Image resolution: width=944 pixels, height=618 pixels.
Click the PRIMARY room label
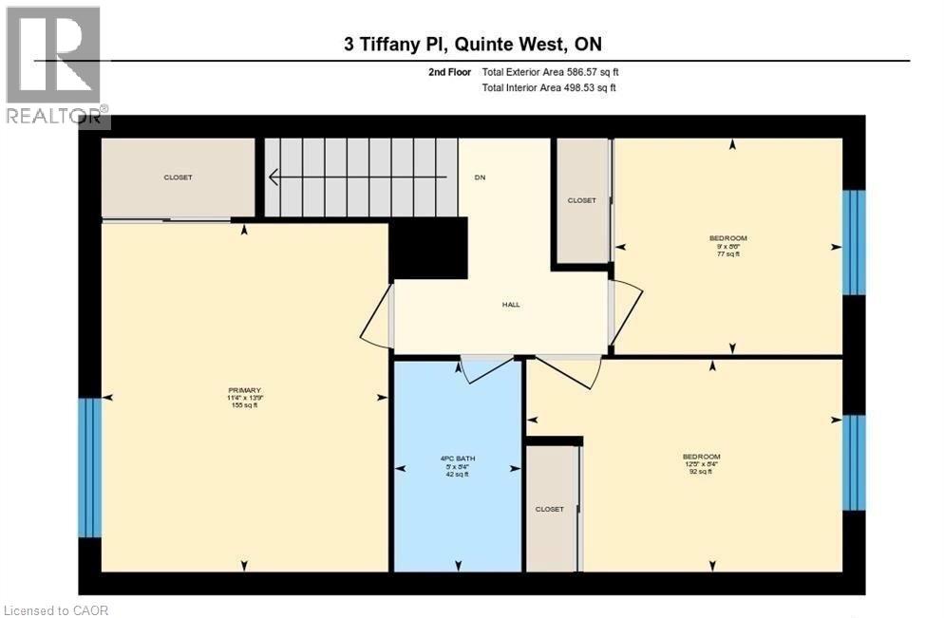pos(244,390)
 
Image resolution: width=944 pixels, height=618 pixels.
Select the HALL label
pos(511,305)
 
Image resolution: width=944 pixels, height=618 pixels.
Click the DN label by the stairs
pos(481,178)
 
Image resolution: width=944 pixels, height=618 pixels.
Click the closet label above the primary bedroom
pos(178,178)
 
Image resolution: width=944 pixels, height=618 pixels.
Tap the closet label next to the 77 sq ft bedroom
pos(581,200)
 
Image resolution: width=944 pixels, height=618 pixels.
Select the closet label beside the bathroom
pos(549,509)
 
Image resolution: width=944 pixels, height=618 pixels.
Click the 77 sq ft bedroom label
pos(728,237)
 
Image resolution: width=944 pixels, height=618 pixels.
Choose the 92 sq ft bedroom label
pos(701,457)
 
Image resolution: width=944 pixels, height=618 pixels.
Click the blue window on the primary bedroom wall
pos(89,466)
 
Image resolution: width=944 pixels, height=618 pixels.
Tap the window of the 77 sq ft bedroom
pos(855,242)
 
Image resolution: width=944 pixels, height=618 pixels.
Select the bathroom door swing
pos(485,369)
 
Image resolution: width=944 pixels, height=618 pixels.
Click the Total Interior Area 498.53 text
pos(549,88)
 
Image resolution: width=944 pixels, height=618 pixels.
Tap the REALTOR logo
pos(55,66)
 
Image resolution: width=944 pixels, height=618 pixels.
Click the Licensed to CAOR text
pos(57,609)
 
